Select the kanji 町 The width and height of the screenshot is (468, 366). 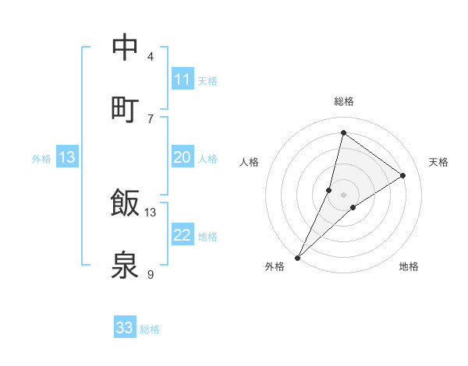(x=126, y=109)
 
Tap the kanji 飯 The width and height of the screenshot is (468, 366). (x=126, y=203)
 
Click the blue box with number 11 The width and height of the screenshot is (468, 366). (x=183, y=79)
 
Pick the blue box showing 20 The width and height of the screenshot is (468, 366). (x=183, y=157)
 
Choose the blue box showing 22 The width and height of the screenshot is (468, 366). (x=183, y=235)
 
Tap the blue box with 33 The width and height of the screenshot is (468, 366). (x=125, y=328)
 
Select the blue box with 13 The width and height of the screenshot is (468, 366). (x=67, y=157)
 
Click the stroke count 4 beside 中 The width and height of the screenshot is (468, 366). (x=151, y=57)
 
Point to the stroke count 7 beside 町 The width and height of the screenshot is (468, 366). (x=151, y=118)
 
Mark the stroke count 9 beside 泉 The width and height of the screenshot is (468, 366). (x=151, y=274)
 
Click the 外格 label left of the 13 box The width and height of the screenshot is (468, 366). (x=41, y=159)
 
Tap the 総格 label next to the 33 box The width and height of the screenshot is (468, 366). (x=150, y=329)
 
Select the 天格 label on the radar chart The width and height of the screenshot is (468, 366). (x=438, y=162)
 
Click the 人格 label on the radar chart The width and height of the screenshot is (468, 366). (x=250, y=162)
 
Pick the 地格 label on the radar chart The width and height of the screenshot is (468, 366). (x=409, y=266)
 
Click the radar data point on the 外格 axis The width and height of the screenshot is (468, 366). (x=297, y=257)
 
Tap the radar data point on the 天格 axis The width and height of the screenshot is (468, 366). (x=403, y=176)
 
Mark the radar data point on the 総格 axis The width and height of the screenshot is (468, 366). (x=343, y=132)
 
